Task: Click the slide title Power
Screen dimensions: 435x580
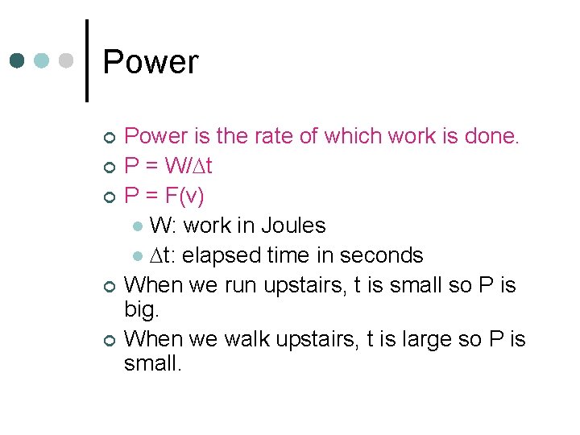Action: pyautogui.click(x=151, y=62)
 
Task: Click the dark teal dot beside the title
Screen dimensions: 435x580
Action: pyautogui.click(x=18, y=61)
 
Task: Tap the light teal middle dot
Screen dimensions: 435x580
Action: pyautogui.click(x=42, y=61)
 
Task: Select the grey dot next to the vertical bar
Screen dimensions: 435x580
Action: pyautogui.click(x=67, y=61)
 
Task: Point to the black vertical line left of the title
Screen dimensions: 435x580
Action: pyautogui.click(x=87, y=60)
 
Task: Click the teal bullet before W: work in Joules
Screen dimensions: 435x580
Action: pyautogui.click(x=139, y=227)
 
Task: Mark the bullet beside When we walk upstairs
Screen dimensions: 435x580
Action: pyautogui.click(x=110, y=341)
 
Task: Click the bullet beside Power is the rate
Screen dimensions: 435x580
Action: pyautogui.click(x=110, y=138)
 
